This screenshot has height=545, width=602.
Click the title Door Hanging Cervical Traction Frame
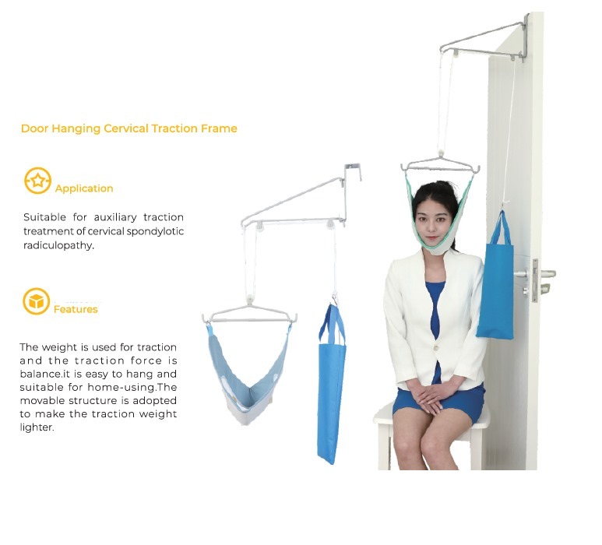click(129, 128)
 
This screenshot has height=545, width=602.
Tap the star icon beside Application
click(37, 181)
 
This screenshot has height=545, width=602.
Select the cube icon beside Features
click(36, 301)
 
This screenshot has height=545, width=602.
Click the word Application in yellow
click(84, 188)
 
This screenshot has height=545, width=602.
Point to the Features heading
click(76, 309)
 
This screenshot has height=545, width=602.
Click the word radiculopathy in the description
click(58, 245)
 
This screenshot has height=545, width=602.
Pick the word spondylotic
click(155, 231)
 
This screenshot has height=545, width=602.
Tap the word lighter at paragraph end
click(37, 427)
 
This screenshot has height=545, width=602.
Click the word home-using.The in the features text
click(132, 387)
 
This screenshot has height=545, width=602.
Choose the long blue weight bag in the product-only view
click(331, 384)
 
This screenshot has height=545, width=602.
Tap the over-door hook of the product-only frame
click(353, 172)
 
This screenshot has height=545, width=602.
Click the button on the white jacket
click(437, 348)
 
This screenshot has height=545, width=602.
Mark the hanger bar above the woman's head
click(440, 165)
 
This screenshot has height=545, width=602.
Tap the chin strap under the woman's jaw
click(435, 246)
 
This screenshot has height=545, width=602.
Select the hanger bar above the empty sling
click(249, 315)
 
